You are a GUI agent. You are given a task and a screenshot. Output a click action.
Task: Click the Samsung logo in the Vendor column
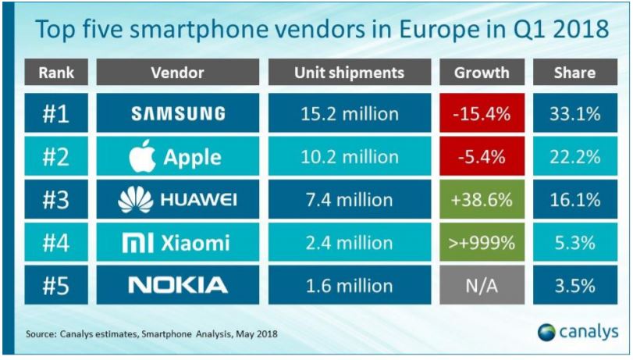[x=178, y=114]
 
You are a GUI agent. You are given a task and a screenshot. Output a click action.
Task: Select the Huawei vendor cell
[x=178, y=200]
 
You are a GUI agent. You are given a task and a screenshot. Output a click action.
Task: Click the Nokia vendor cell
[x=178, y=285]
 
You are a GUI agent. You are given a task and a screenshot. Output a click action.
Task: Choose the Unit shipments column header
[x=349, y=73]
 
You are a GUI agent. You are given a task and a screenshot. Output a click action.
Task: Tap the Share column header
[x=575, y=73]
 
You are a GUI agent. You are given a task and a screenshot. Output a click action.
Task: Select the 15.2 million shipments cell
[x=349, y=114]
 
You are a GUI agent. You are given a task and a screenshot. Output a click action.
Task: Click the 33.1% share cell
[x=575, y=114]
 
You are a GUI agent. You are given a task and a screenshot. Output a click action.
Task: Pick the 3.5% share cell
[x=575, y=285]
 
